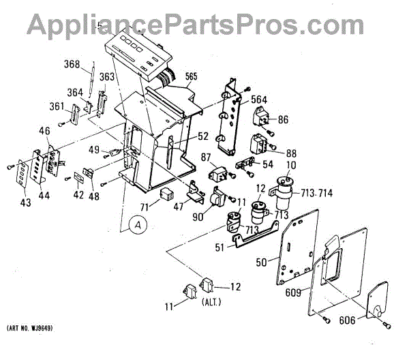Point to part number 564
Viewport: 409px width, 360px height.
[259, 99]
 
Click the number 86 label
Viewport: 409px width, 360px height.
[283, 119]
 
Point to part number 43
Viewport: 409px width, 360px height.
[26, 203]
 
